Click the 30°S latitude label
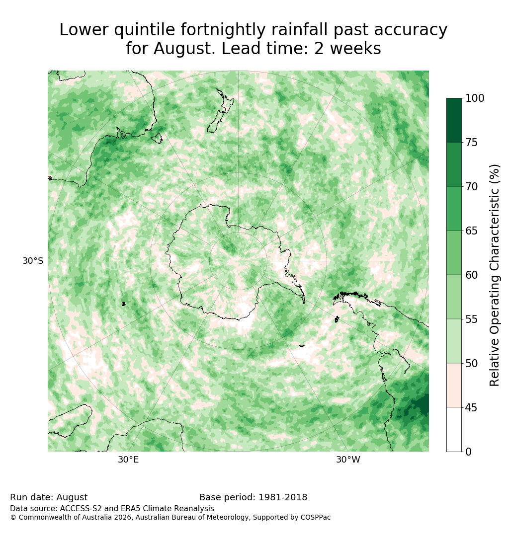(33, 260)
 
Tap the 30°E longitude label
(128, 460)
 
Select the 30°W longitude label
(348, 460)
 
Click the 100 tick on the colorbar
(475, 98)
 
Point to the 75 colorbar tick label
(471, 142)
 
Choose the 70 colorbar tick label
(471, 187)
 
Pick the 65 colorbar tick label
(471, 231)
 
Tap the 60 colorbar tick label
(471, 275)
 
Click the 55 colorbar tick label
(471, 319)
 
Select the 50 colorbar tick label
(471, 364)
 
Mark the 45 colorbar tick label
(471, 408)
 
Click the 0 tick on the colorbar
(469, 452)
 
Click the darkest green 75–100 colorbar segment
(454, 120)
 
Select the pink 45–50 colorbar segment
(454, 386)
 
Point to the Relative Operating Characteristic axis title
(494, 275)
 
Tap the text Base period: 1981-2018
(253, 497)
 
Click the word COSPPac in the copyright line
(316, 517)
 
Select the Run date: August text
(49, 497)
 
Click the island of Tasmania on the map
(157, 138)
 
